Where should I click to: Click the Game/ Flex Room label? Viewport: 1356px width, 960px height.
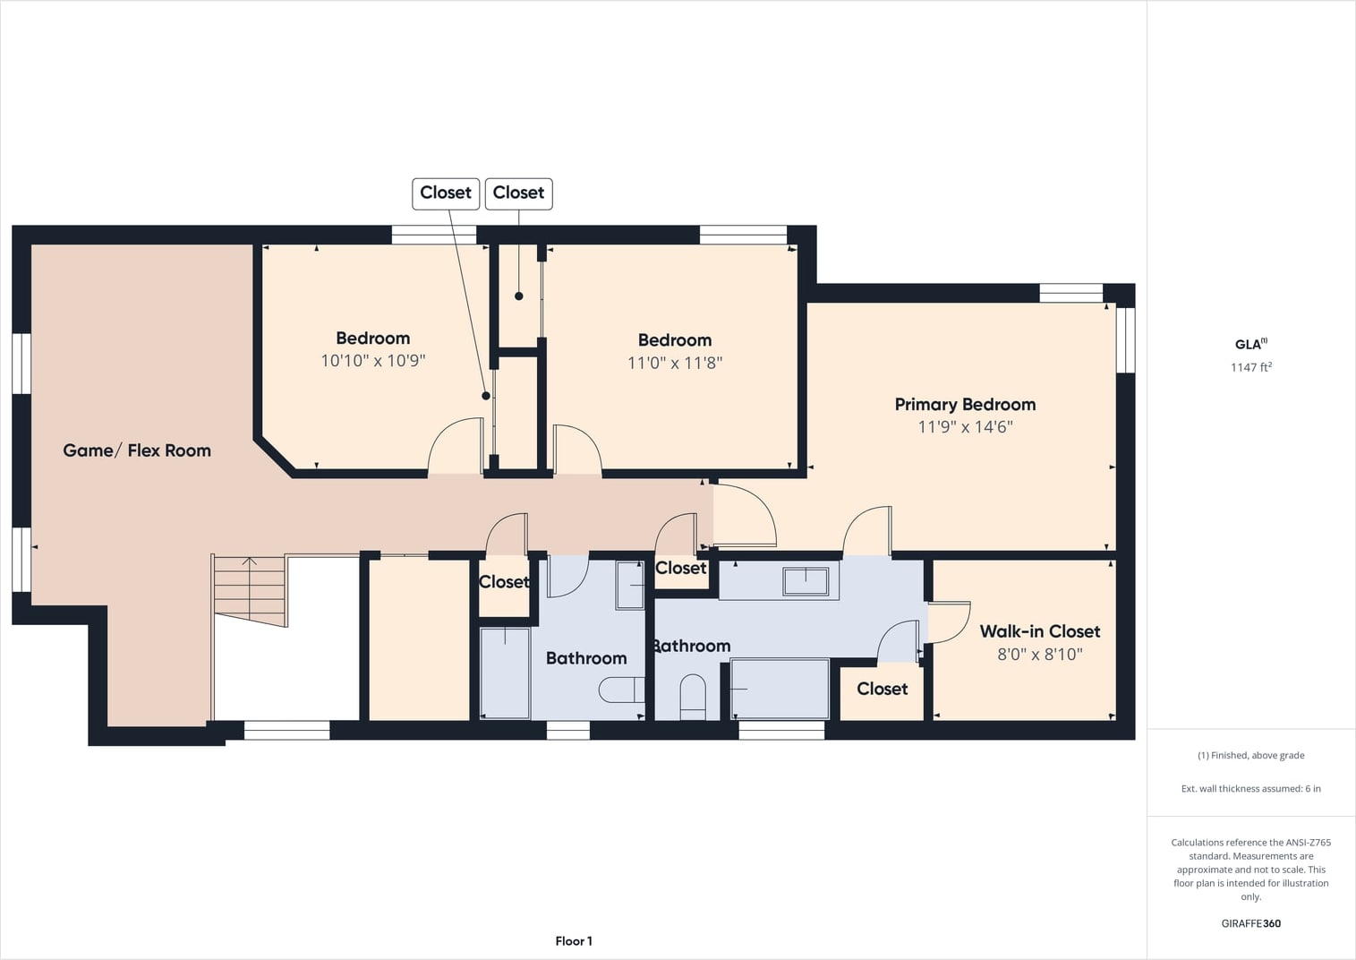(137, 450)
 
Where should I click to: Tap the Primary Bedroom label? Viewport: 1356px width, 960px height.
(965, 405)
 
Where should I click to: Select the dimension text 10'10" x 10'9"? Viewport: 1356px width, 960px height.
(373, 361)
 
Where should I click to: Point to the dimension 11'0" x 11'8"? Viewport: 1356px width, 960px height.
(675, 363)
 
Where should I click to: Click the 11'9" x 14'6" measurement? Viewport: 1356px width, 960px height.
(965, 427)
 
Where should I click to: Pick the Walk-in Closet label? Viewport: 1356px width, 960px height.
(1040, 631)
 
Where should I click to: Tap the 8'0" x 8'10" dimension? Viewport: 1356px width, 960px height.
(1040, 654)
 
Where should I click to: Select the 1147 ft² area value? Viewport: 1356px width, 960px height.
(1250, 367)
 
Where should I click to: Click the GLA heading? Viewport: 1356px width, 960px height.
(1250, 344)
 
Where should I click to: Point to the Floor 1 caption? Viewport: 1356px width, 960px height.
(574, 941)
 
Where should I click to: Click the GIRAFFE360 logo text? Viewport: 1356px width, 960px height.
(1250, 923)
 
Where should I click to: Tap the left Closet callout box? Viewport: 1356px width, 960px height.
(446, 193)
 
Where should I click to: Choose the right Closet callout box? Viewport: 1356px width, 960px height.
(519, 193)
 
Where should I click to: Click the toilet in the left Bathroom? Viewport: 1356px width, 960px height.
(622, 690)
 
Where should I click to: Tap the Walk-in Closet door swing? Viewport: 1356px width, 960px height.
(949, 622)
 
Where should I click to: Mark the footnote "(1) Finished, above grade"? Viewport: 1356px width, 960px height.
(1250, 755)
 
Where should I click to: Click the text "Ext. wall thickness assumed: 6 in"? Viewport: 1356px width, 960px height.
(1250, 789)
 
